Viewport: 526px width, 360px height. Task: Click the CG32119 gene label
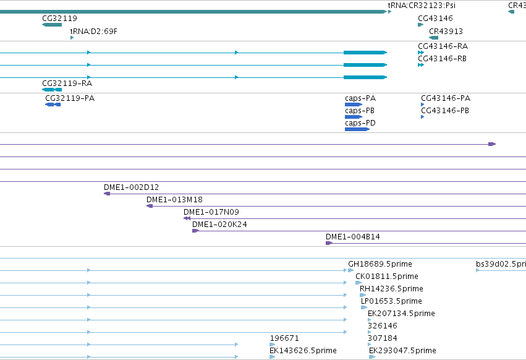59,18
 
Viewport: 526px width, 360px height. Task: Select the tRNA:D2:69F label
93,31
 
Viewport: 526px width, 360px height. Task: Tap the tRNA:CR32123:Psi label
422,6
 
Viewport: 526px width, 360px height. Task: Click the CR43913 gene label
446,31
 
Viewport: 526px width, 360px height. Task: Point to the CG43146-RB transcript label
442,58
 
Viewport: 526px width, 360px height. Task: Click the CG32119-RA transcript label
67,84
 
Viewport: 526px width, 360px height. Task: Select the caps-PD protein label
360,123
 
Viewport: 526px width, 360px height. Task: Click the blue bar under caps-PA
353,105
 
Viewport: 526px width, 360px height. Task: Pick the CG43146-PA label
446,98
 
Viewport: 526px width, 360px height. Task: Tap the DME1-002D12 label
131,187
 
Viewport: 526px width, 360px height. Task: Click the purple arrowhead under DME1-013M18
150,206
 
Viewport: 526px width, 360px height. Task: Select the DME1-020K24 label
219,225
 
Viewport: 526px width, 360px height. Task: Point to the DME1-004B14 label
352,237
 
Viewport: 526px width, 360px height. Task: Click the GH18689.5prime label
380,264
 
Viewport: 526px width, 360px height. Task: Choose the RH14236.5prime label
391,289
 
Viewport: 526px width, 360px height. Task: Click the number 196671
284,338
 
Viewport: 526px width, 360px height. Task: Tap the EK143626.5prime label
303,351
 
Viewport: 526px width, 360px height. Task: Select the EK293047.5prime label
402,351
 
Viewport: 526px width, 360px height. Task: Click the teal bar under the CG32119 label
52,25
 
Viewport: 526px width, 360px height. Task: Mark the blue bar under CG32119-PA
53,105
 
